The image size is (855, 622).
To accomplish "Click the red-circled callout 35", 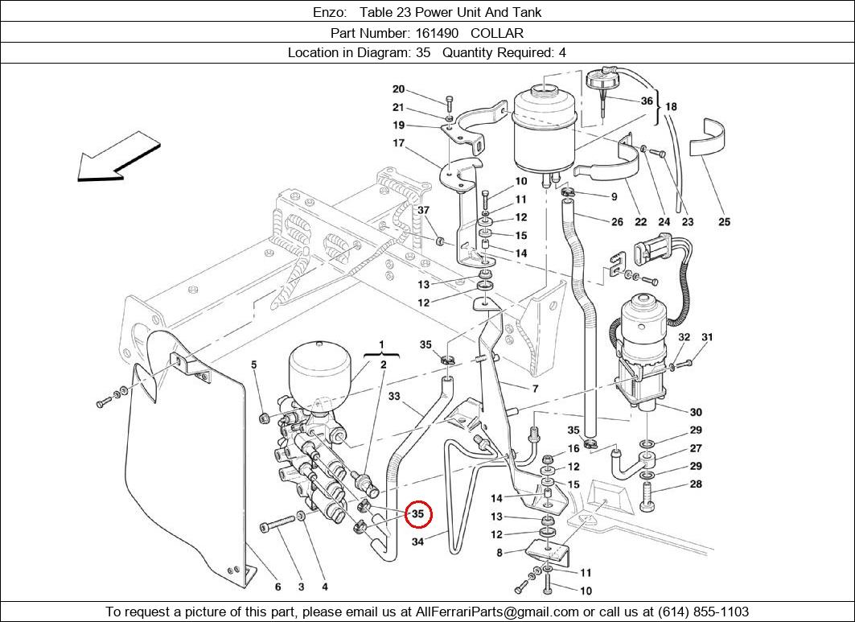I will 418,513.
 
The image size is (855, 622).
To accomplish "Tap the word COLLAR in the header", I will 497,33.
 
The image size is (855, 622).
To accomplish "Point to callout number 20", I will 399,89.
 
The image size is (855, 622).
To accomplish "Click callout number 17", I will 399,143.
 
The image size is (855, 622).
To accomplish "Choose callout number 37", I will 424,210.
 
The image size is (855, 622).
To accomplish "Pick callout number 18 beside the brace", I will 671,106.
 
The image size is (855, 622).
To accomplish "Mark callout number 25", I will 724,222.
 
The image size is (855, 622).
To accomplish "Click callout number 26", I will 617,222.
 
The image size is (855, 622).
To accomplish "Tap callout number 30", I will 696,412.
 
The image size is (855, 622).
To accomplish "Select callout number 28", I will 696,484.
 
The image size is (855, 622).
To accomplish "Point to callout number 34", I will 418,542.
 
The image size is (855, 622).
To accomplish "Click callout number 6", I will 277,587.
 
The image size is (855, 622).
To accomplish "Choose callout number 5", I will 254,365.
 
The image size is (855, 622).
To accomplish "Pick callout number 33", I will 394,396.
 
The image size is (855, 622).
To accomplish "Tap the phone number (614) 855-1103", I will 704,612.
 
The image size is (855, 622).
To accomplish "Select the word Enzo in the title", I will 329,12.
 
